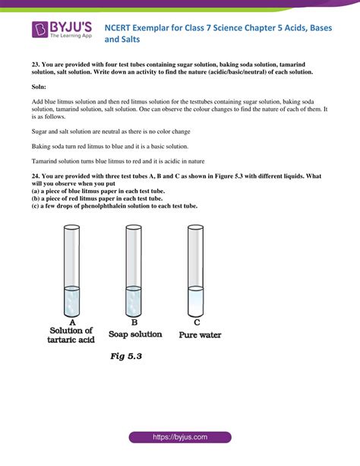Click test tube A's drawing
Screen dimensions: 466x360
point(72,271)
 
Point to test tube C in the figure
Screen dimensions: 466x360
point(195,271)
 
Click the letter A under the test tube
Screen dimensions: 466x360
point(71,322)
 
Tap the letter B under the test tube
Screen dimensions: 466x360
point(134,322)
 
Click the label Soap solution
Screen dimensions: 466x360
point(135,334)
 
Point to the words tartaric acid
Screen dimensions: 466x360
point(72,340)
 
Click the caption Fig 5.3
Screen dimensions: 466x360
point(127,356)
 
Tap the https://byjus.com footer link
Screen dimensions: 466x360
point(179,438)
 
